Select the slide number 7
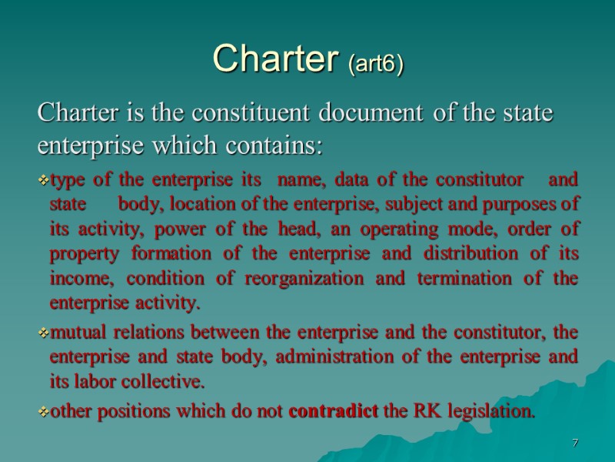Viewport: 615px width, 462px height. pyautogui.click(x=574, y=443)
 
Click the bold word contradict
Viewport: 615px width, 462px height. pyautogui.click(x=332, y=412)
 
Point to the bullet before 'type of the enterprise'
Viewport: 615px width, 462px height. pyautogui.click(x=43, y=180)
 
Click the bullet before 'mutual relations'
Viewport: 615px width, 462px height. pyautogui.click(x=43, y=333)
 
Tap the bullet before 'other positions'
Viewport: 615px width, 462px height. pyautogui.click(x=43, y=413)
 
